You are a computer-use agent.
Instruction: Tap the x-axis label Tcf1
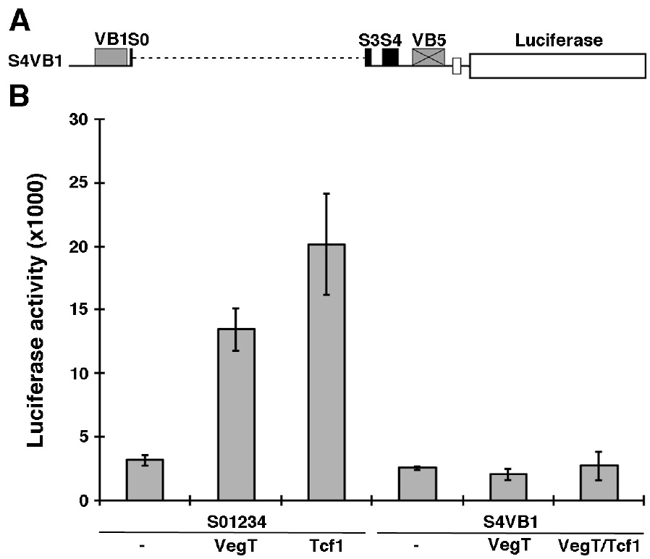click(x=326, y=545)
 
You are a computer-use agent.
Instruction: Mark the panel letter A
click(x=19, y=23)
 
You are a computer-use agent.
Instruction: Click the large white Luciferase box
click(x=557, y=65)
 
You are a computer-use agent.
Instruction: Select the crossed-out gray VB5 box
click(x=428, y=57)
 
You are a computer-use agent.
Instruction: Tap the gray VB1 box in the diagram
click(x=111, y=57)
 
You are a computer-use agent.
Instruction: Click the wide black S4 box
click(x=390, y=57)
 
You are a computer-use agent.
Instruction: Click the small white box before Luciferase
click(x=457, y=66)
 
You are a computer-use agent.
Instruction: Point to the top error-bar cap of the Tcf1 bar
click(x=326, y=193)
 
